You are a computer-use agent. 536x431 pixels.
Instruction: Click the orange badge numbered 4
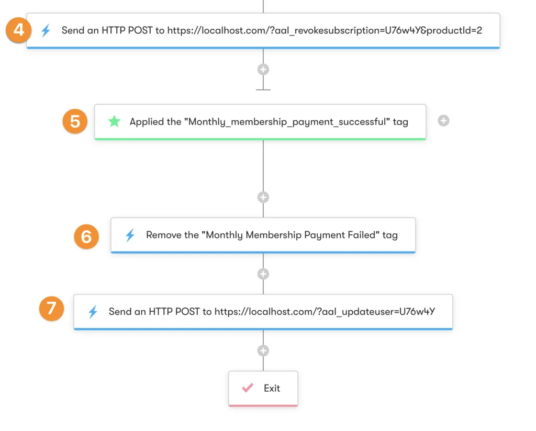19,30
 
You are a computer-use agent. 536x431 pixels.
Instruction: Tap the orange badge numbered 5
75,121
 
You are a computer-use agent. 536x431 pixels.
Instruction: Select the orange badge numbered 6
86,236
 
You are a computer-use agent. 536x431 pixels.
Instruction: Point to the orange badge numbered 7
51,308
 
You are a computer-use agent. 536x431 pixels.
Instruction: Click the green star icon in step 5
114,122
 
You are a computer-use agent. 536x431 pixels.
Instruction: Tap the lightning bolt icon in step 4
46,30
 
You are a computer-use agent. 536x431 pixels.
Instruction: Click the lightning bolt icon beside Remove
130,235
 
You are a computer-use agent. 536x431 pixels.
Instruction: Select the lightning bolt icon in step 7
93,312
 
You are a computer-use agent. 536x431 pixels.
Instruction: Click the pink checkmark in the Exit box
248,388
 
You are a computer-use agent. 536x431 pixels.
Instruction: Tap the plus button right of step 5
443,121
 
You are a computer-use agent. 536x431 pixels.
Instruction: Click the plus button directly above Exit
263,350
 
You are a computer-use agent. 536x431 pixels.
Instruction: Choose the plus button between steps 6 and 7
263,274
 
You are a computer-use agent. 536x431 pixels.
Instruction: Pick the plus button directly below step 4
263,69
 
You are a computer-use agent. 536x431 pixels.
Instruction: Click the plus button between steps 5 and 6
263,197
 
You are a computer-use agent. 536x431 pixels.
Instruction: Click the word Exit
272,388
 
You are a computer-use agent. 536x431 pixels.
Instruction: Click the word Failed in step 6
362,235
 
